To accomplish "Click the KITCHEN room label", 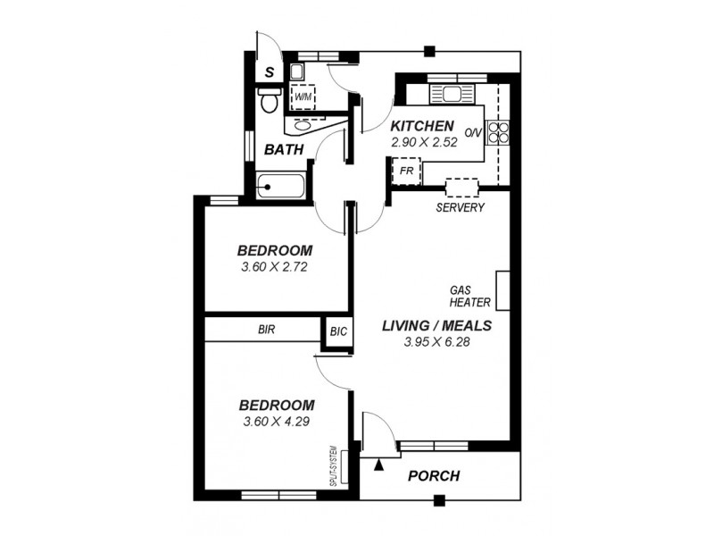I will click(422, 126).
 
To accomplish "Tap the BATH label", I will click(284, 149).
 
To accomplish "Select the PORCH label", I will click(434, 476).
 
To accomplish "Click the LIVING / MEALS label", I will click(436, 325).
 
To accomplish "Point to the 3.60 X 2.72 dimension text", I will click(275, 266).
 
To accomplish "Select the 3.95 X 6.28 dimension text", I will click(436, 341).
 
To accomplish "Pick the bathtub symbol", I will click(282, 187).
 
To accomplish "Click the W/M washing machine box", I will click(303, 96).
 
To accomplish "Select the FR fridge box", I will click(406, 170).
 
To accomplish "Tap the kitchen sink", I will click(450, 93).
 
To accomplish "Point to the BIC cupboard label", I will click(338, 330).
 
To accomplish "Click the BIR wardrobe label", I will click(266, 330).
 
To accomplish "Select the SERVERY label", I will click(460, 208).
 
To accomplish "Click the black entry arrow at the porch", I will click(379, 464).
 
